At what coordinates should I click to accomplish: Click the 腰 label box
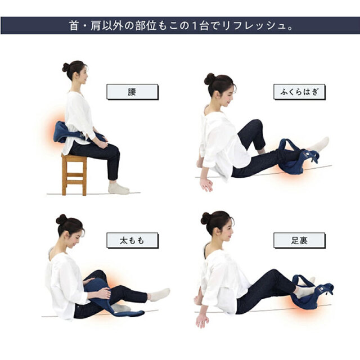click(x=133, y=92)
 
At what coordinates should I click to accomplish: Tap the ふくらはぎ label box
click(x=299, y=92)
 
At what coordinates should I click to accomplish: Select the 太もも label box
click(x=133, y=240)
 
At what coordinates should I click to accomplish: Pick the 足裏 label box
click(x=299, y=240)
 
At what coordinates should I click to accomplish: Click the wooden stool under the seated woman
click(x=74, y=174)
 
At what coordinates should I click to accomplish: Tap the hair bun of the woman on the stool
click(x=66, y=67)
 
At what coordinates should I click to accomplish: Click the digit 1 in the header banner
click(x=195, y=26)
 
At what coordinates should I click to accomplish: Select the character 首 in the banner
click(x=74, y=25)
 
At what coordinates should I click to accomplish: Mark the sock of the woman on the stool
click(x=119, y=188)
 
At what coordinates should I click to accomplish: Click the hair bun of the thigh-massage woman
click(x=61, y=219)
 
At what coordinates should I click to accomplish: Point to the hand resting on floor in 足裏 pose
click(x=202, y=319)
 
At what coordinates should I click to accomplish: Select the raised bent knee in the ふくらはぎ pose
click(x=256, y=125)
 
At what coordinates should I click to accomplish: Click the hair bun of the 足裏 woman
click(x=206, y=218)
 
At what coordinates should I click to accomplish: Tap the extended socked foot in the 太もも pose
click(x=160, y=294)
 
